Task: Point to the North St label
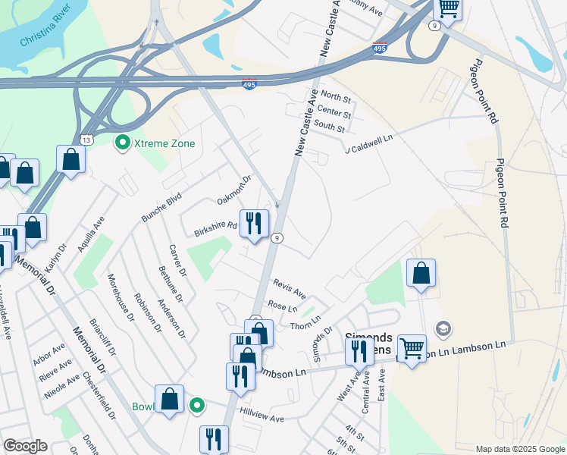336,97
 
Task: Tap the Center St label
334,113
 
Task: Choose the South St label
330,127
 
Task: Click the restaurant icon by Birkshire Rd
254,222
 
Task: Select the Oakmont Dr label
233,190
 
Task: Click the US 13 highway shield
86,140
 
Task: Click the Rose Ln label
282,306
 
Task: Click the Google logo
25,447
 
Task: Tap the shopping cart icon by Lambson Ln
412,348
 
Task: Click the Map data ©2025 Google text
519,449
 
